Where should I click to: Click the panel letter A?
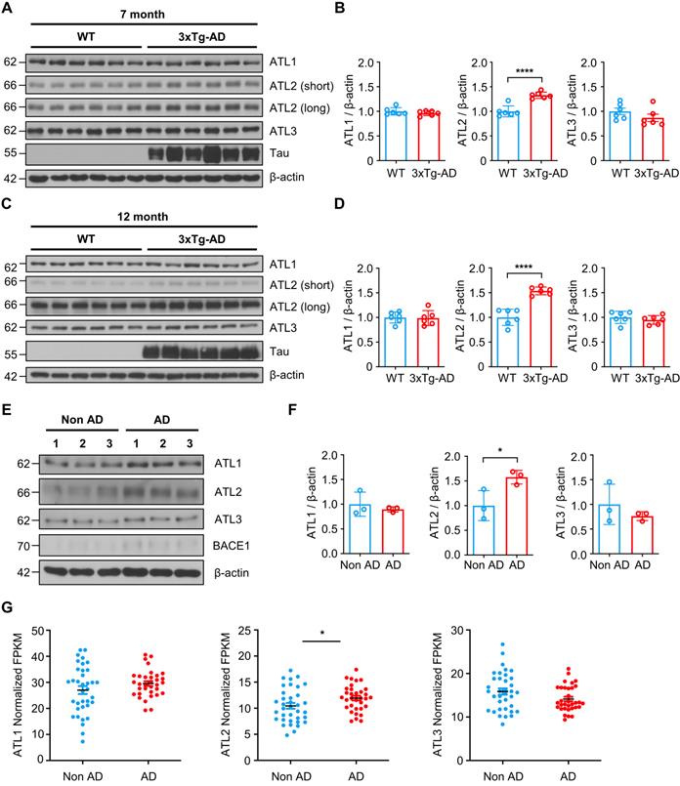point(9,10)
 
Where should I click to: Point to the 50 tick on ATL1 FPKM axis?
point(49,633)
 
